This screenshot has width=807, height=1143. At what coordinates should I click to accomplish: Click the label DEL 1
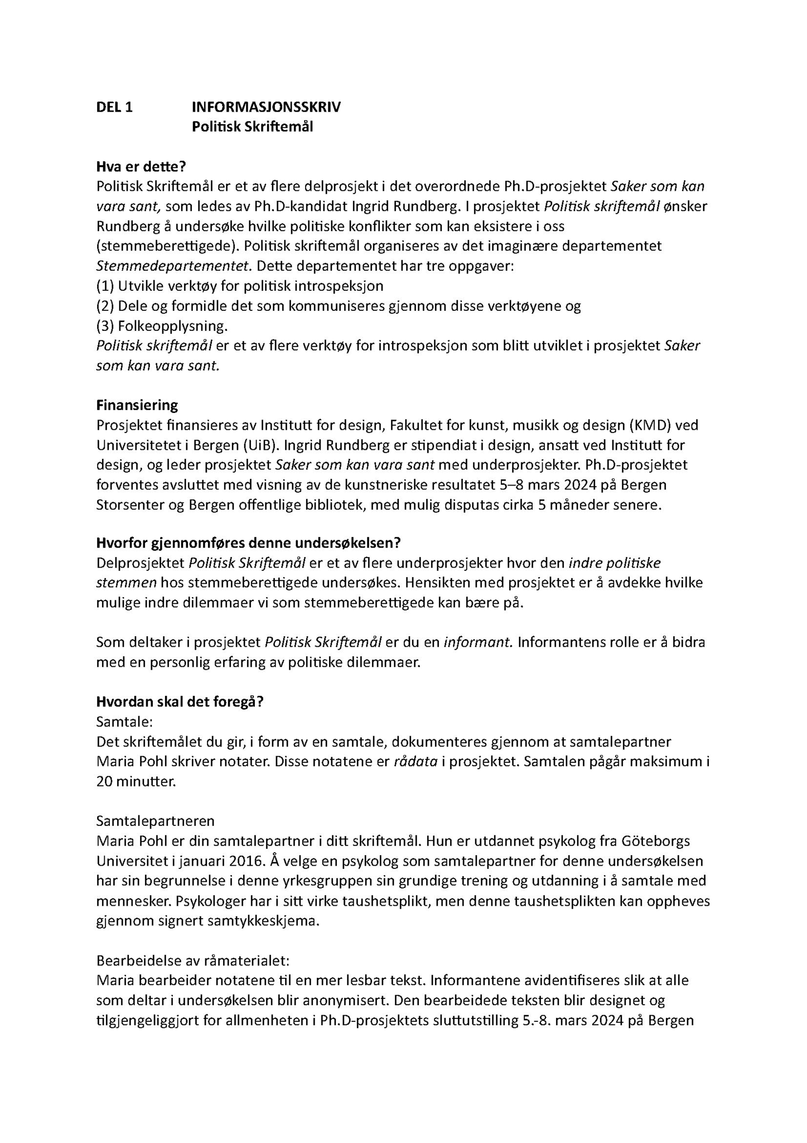(114, 107)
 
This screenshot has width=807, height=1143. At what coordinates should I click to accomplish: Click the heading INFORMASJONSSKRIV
(266, 107)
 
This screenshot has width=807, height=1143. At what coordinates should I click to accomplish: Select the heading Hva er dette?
(141, 166)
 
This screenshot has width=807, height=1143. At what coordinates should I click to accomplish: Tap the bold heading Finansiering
(137, 405)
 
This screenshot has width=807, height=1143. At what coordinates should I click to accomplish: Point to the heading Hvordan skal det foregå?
(180, 702)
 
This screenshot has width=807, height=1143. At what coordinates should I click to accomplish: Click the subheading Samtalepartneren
(155, 821)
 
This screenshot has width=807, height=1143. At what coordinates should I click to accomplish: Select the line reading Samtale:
(124, 722)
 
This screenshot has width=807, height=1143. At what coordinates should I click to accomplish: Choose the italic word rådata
(415, 762)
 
